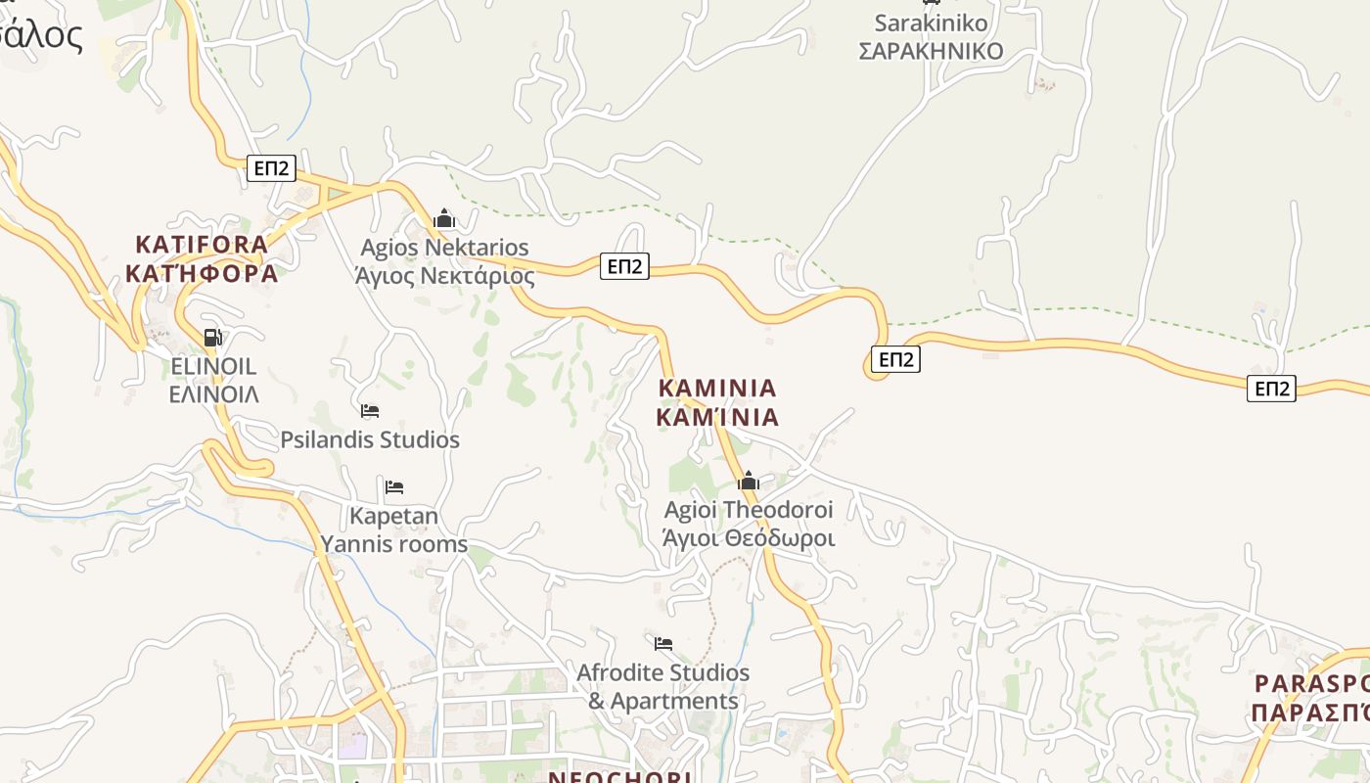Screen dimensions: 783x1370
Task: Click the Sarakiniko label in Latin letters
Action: pyautogui.click(x=931, y=23)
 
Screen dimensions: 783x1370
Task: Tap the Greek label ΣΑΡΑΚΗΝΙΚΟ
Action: pyautogui.click(x=931, y=51)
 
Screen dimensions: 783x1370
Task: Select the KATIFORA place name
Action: pyautogui.click(x=202, y=244)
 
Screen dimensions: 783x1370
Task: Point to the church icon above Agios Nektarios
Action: pyautogui.click(x=444, y=218)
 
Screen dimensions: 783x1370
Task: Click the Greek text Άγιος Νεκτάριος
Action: pyautogui.click(x=444, y=275)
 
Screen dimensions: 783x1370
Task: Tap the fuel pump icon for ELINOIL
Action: pyautogui.click(x=212, y=338)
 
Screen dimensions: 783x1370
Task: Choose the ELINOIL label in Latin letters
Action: pyautogui.click(x=213, y=366)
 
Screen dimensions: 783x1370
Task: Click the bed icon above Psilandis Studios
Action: pyautogui.click(x=370, y=411)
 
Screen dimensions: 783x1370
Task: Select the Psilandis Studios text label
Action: pyautogui.click(x=370, y=440)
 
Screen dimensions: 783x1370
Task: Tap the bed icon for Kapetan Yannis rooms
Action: pyautogui.click(x=394, y=486)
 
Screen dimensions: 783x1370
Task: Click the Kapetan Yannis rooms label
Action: pyautogui.click(x=394, y=530)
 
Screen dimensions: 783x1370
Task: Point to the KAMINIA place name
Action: pyautogui.click(x=717, y=389)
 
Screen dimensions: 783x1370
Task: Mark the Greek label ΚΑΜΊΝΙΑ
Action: pyautogui.click(x=717, y=418)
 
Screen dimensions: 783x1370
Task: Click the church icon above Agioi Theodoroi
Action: pyautogui.click(x=749, y=481)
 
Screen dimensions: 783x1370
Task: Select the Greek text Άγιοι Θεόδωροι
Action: pyautogui.click(x=749, y=538)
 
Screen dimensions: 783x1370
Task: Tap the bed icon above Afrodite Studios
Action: pyautogui.click(x=663, y=643)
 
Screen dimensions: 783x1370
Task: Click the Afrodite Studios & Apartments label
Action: pyautogui.click(x=663, y=687)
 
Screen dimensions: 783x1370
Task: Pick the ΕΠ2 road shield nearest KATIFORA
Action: pyautogui.click(x=271, y=168)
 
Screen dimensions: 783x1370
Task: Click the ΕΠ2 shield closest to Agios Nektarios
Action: pyautogui.click(x=624, y=265)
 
